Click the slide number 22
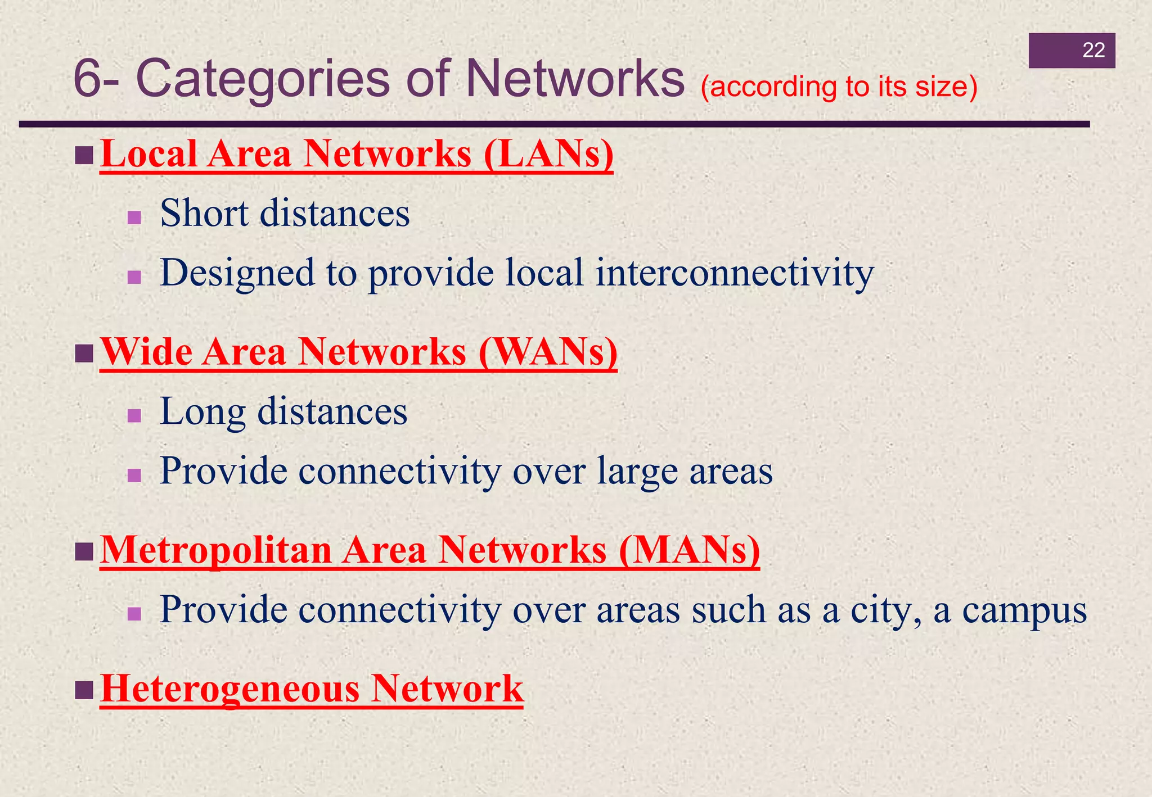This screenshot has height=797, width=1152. pos(1093,51)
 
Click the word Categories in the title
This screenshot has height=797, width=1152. pos(263,79)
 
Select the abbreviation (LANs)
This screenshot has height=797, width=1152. pos(548,154)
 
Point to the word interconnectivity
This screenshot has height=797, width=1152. pos(735,273)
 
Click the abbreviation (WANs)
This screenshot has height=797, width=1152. pos(548,352)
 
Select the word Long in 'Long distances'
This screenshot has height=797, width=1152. pos(203,413)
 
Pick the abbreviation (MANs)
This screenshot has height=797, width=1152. pos(689,550)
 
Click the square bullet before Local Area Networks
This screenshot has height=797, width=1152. pos(84,156)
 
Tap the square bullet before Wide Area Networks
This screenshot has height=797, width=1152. pos(84,354)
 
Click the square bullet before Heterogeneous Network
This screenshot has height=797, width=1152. pos(84,690)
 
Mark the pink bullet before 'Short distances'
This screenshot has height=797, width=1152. pos(134,218)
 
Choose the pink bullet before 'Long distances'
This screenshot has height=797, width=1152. pos(134,416)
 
